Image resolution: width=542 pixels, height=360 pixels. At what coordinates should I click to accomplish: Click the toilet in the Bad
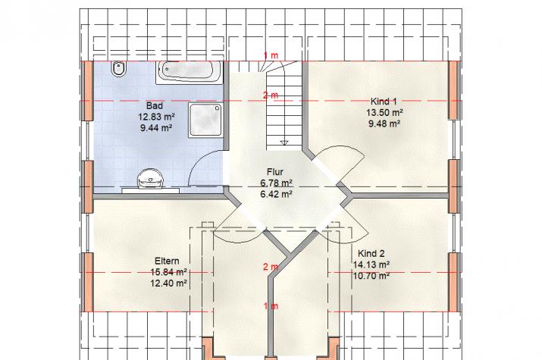pos(118,69)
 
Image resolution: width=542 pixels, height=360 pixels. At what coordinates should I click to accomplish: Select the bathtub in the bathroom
pos(189,72)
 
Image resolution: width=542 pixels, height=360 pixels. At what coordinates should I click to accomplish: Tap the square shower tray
pos(205,120)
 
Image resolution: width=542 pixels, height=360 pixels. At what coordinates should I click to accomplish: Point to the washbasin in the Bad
pos(150,179)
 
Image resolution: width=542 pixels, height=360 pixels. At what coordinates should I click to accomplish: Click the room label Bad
pos(154,105)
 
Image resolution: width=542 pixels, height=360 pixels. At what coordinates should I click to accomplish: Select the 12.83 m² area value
pos(156,117)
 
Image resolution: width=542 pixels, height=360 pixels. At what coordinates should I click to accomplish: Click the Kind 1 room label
pos(384,102)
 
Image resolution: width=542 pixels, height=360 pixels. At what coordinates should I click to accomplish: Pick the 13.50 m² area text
pos(384,112)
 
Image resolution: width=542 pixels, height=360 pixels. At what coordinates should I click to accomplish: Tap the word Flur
pos(275,172)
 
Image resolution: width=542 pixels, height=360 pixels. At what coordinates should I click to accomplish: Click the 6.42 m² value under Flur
pos(276,194)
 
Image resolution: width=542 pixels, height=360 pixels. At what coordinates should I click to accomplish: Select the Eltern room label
pos(167,261)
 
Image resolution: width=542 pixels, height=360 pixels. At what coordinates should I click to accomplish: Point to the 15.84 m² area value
pos(169,272)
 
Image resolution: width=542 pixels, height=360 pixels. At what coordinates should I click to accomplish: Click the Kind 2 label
pos(371,253)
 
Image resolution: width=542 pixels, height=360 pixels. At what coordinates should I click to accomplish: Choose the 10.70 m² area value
pos(371,275)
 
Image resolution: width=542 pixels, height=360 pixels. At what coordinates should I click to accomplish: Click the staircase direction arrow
pos(284,142)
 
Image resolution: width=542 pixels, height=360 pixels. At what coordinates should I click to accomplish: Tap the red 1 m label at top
pos(271,55)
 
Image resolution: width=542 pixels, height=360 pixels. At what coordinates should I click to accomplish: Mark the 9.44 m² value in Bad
pos(156,127)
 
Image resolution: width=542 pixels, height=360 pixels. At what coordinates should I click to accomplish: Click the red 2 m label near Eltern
pos(271,267)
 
